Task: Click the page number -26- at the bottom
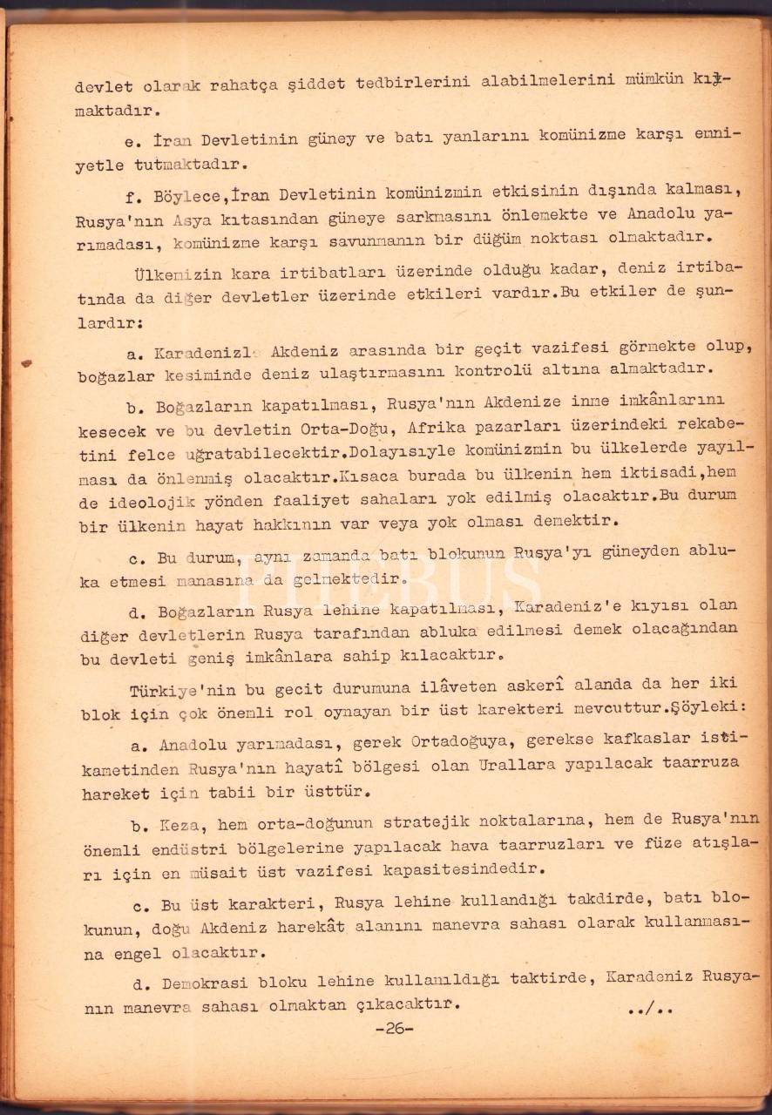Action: click(394, 1028)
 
